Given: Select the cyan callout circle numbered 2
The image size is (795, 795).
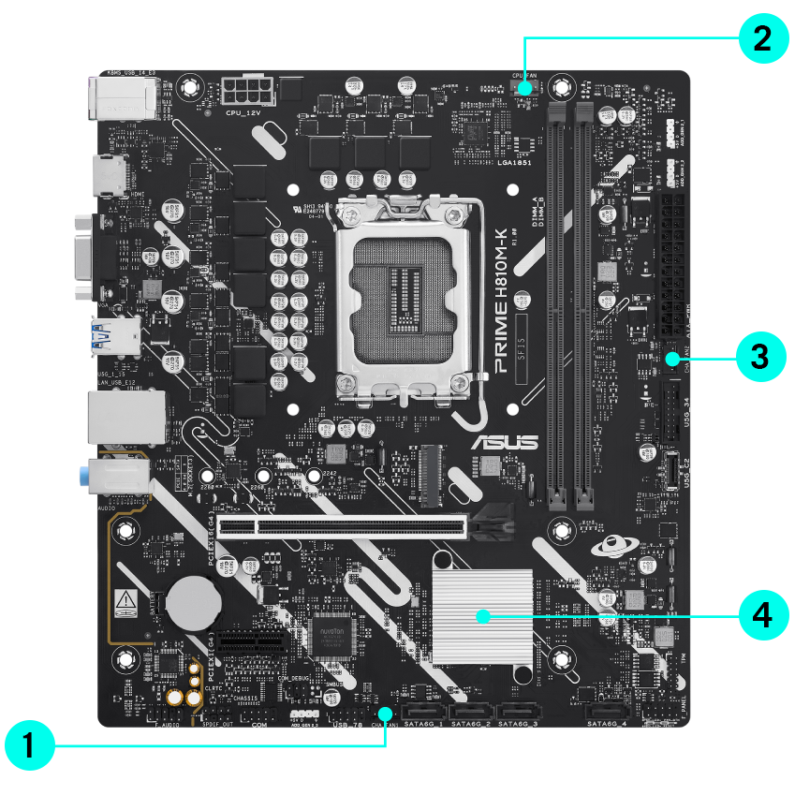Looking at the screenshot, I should point(763,39).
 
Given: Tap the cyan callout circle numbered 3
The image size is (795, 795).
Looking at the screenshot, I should point(763,357).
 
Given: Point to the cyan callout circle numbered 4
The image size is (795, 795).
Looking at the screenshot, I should point(763,615).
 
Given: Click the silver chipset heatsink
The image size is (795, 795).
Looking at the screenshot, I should point(481,615).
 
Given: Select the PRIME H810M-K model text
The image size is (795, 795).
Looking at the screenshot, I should point(501,294).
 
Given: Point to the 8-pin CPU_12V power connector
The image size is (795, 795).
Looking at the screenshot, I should point(246,92).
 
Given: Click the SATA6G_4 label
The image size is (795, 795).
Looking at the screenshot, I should point(608,724).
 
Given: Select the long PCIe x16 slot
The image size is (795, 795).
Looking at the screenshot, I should point(361,526).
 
